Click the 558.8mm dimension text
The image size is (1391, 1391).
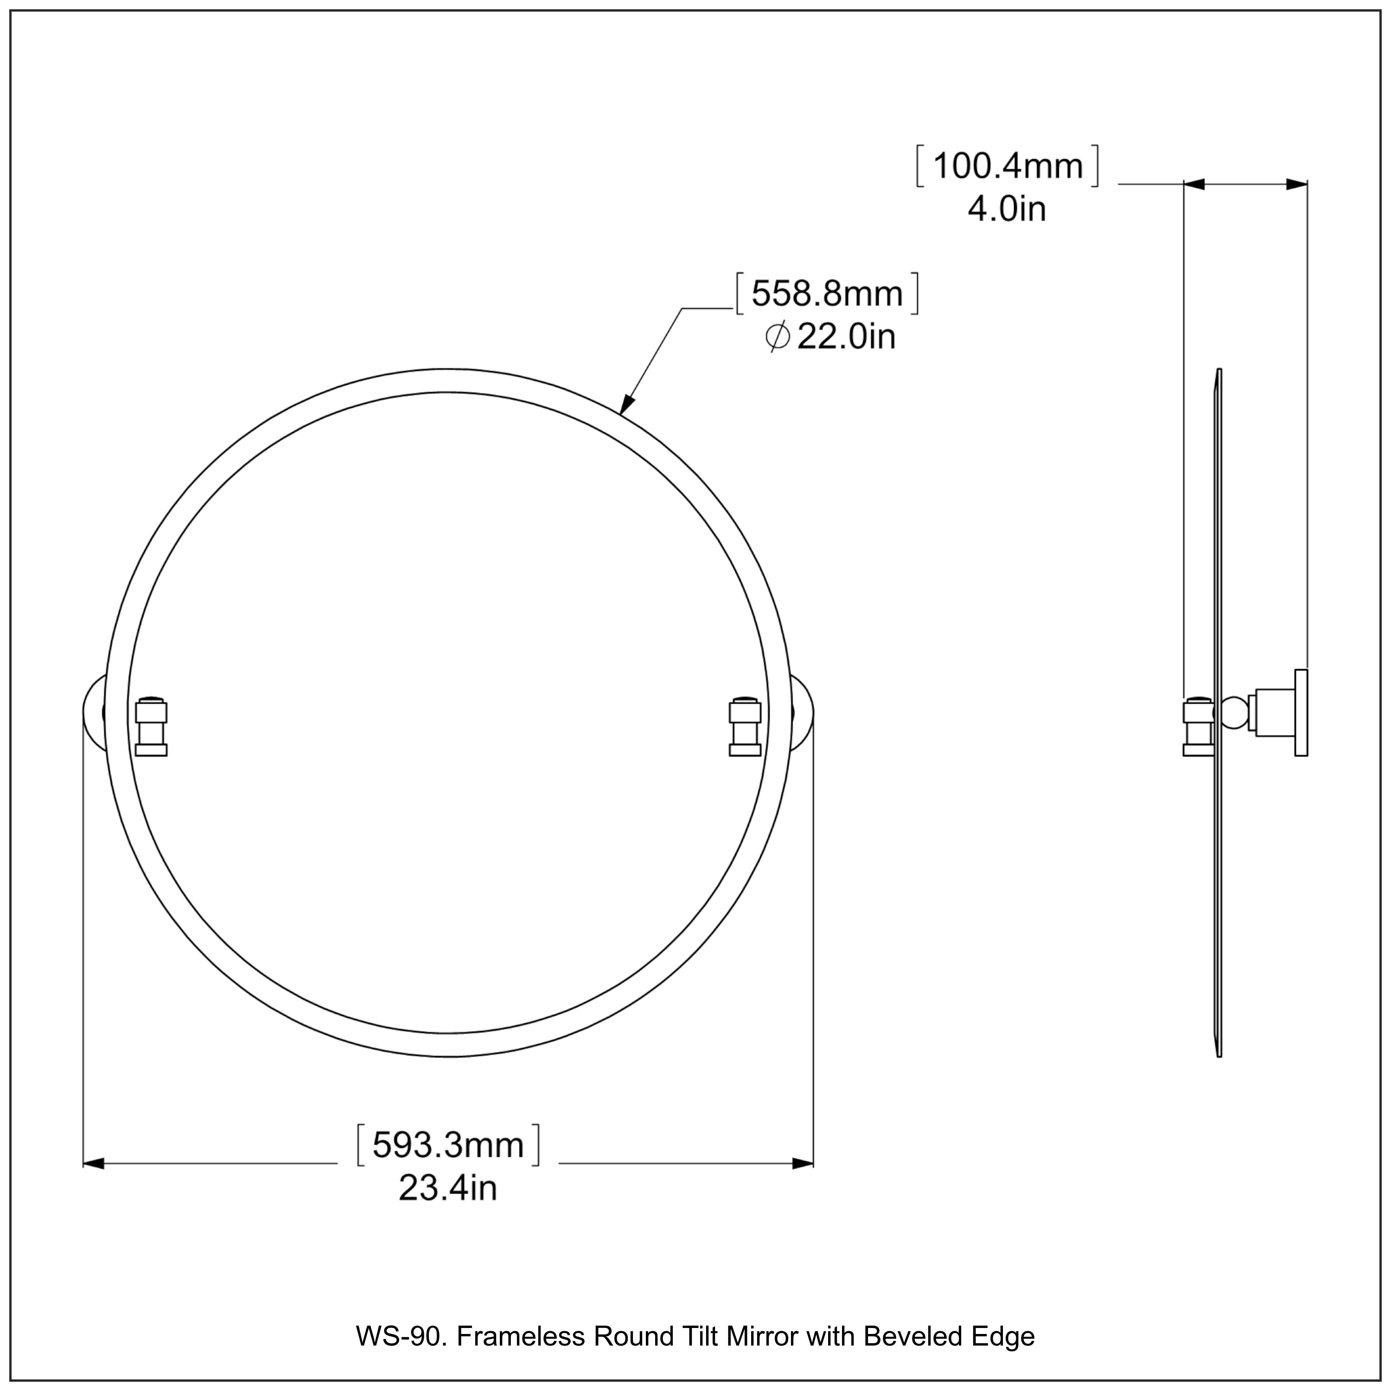pos(827,294)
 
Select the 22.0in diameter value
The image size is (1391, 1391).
pos(846,337)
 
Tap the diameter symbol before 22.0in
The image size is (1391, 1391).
pos(778,337)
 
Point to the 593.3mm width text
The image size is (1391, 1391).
pos(447,1145)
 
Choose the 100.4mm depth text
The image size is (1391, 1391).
pos(1007,167)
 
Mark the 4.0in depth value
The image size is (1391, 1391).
pos(1007,210)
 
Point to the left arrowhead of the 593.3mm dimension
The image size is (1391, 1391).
pos(94,1163)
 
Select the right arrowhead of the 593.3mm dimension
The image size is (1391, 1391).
pos(802,1163)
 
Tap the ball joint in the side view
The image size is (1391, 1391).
pos(1234,713)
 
